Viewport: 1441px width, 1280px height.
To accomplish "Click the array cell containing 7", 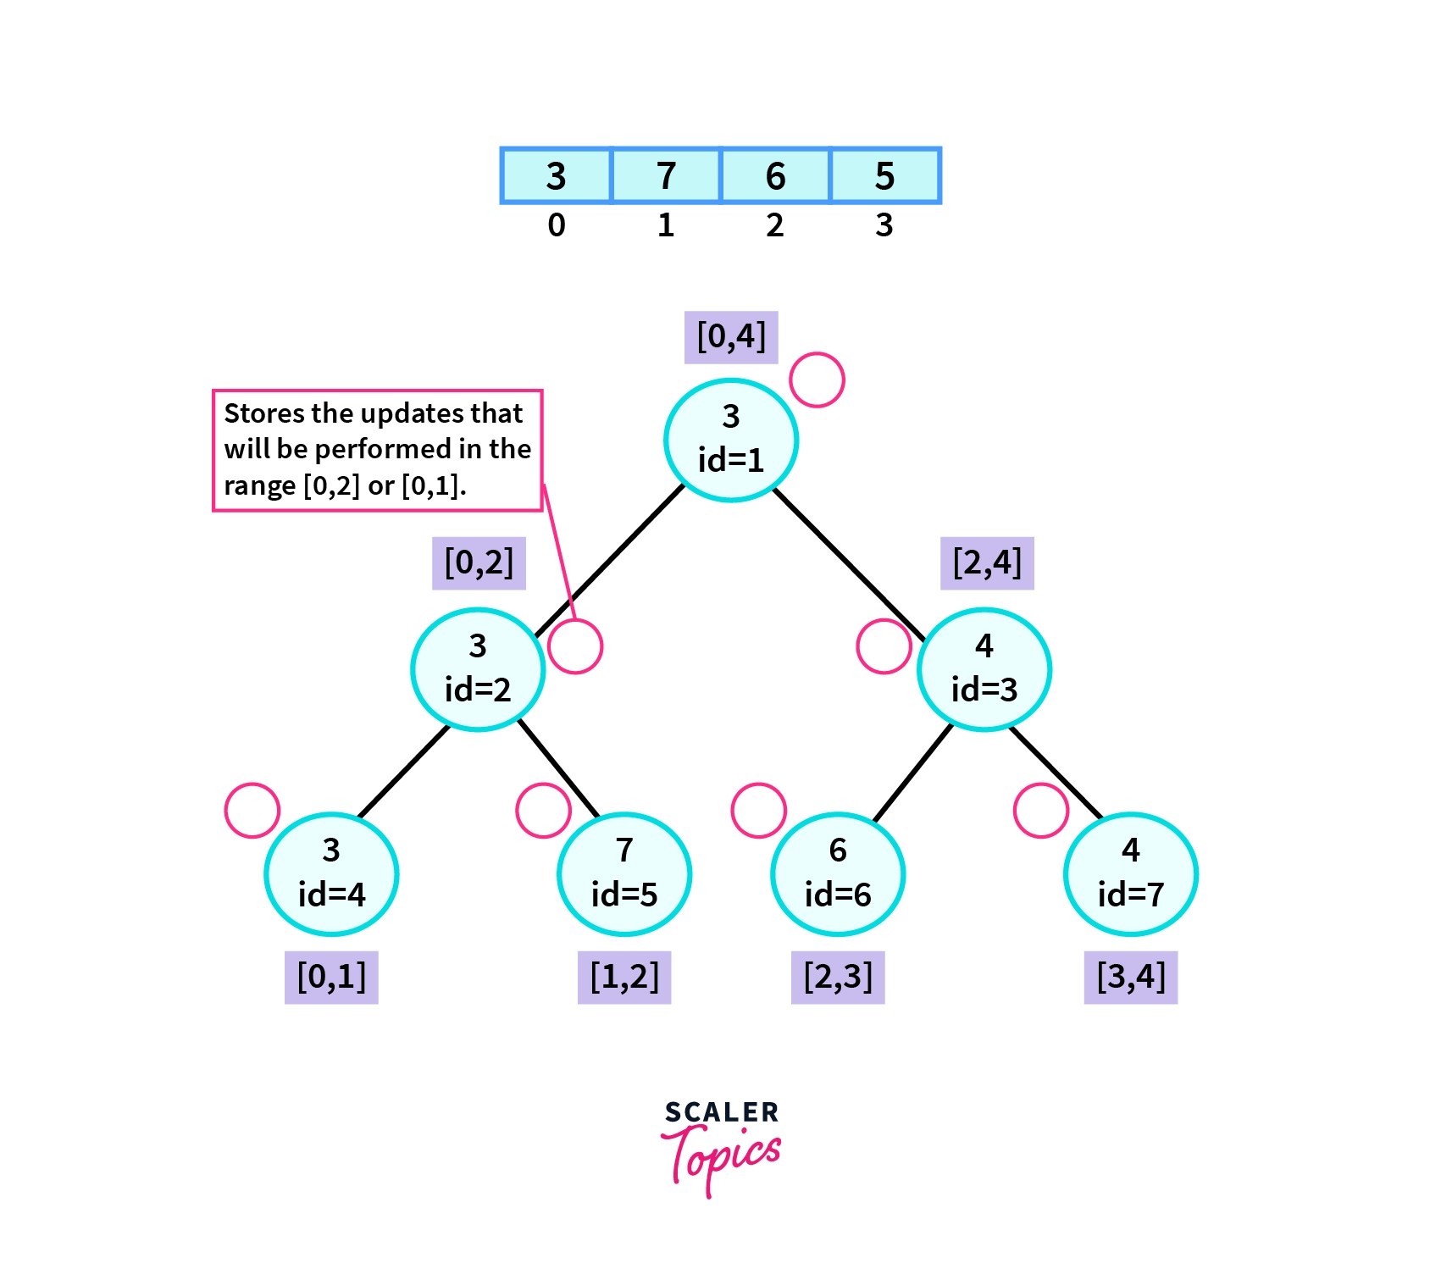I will pos(666,175).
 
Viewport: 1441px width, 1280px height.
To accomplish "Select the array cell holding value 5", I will pos(885,175).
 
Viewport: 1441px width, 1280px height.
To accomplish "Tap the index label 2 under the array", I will pos(774,225).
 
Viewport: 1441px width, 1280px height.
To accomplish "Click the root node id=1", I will pos(730,440).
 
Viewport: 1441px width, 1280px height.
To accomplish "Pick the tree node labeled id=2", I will pos(478,669).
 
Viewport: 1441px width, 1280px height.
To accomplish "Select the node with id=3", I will pos(984,669).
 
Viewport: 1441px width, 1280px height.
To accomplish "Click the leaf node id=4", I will pos(331,873).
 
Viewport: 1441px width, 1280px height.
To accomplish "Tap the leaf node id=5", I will pos(624,873).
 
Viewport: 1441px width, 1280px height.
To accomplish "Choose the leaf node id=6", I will pos(838,873).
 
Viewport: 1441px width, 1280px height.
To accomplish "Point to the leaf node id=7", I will pos(1130,873).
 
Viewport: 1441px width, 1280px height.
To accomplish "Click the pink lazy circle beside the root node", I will pos(817,380).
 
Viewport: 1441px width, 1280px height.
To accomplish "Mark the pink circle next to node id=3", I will pos(884,646).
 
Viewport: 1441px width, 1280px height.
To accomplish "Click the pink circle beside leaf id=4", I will pos(252,810).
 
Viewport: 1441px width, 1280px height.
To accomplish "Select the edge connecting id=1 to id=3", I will pos(850,565).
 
